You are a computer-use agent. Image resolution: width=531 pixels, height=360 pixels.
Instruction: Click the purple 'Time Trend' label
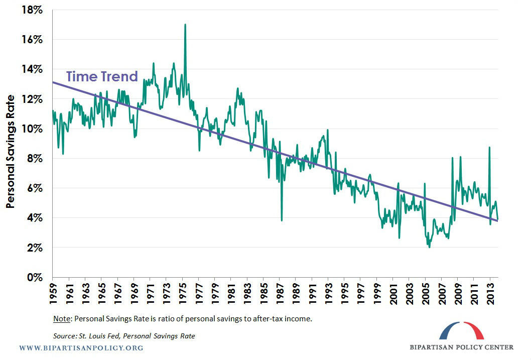102,76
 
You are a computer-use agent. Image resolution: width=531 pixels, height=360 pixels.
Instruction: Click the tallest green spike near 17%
185,25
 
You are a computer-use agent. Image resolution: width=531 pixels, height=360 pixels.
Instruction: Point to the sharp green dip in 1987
282,219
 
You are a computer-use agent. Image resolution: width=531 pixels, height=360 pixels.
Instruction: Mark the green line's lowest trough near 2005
429,247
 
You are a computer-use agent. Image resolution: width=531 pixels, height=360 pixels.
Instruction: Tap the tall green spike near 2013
489,148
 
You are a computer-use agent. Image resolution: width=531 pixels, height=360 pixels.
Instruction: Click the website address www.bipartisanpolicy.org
81,347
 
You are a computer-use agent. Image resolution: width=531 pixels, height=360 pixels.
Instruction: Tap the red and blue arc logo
461,331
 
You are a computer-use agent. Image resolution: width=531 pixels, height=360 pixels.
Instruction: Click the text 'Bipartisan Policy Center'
462,347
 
